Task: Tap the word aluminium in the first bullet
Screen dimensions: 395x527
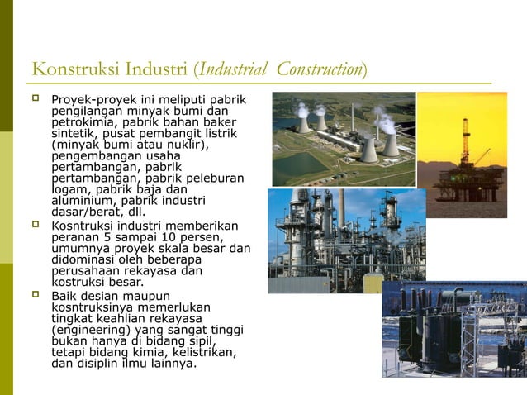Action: [x=81, y=199]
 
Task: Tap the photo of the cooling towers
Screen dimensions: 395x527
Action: [x=344, y=138]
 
